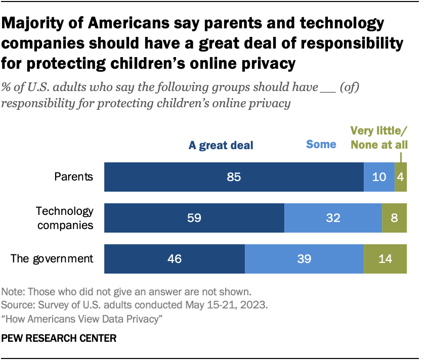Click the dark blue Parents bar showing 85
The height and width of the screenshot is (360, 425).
234,177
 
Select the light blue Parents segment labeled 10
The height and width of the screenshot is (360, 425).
379,177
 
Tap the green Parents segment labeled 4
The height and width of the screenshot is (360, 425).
401,177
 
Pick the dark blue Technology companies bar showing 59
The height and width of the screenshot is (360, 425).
194,218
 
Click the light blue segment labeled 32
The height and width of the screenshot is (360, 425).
333,218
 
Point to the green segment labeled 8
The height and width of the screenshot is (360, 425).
395,218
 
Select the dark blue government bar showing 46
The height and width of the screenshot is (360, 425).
175,259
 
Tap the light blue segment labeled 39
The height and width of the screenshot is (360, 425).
304,259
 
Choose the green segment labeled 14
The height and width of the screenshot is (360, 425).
386,259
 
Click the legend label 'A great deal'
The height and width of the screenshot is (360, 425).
221,146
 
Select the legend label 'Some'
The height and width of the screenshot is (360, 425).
321,145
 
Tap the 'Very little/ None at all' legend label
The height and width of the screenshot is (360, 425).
379,139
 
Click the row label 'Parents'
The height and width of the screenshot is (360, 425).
74,177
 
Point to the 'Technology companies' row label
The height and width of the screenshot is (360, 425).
64,218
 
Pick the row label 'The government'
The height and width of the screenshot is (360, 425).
53,259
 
